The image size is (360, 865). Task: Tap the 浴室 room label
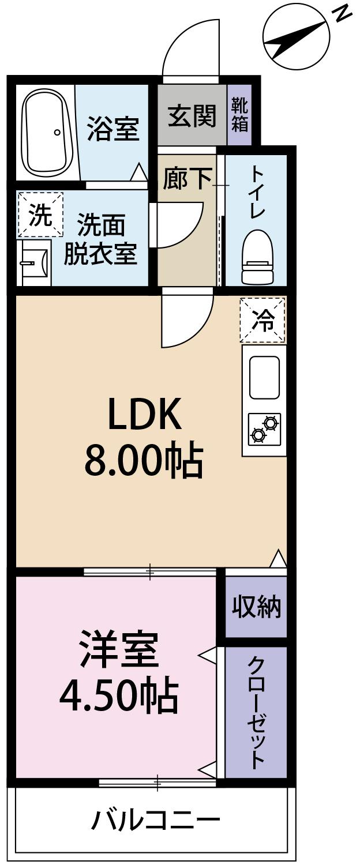(113, 129)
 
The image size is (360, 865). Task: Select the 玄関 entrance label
(192, 116)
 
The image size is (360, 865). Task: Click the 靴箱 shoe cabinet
(239, 115)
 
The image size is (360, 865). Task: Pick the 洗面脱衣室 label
(100, 239)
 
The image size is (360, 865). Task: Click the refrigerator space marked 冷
(263, 320)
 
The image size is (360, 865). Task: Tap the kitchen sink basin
(264, 378)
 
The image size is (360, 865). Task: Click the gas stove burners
(265, 428)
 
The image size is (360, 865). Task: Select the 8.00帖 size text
(144, 460)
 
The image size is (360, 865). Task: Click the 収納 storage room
(256, 607)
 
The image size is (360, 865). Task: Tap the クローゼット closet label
(256, 712)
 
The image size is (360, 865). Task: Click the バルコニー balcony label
(156, 819)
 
